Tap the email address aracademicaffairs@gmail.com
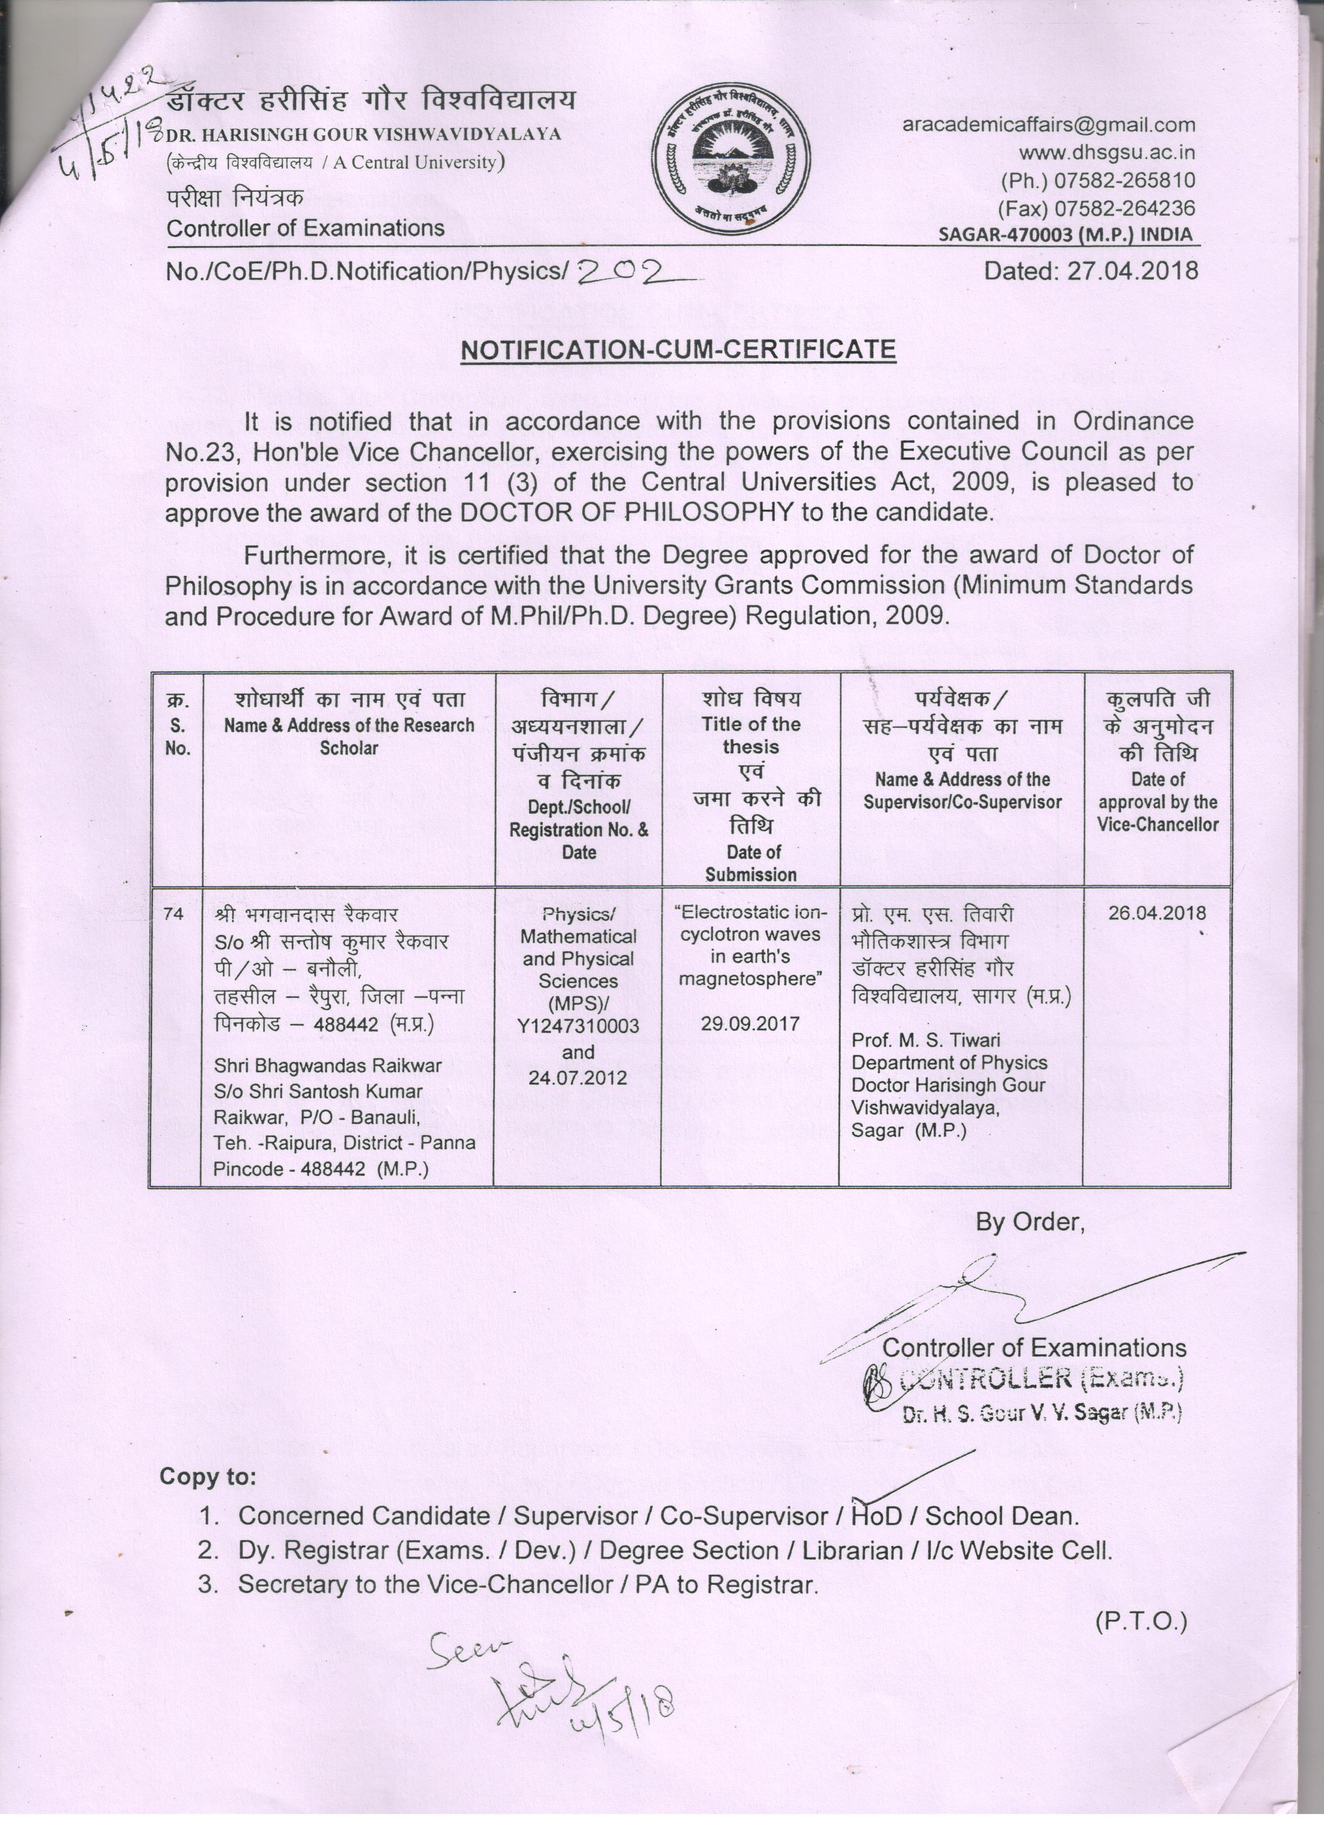(x=1049, y=125)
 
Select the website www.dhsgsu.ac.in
(x=1106, y=152)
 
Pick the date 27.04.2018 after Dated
(x=1132, y=270)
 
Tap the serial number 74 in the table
(x=173, y=913)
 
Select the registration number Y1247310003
(x=578, y=1027)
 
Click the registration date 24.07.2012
(x=578, y=1077)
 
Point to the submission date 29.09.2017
(x=750, y=1023)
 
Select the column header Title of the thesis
(x=751, y=735)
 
